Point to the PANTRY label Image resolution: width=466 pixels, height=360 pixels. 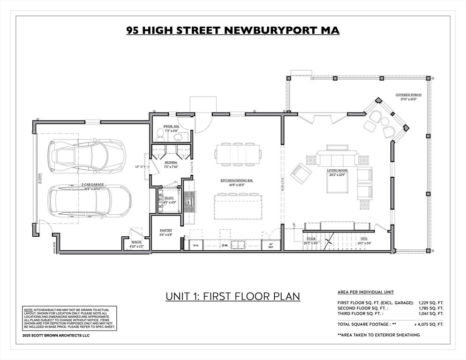[x=166, y=230]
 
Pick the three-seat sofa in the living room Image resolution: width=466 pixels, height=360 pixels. [x=336, y=158]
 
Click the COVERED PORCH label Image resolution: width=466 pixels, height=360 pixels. [x=406, y=95]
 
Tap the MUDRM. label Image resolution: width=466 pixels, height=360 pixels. [x=170, y=162]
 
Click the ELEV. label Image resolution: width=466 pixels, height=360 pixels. [x=169, y=199]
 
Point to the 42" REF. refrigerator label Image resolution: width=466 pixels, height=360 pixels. [x=271, y=245]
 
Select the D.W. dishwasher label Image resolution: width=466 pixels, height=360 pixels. [x=225, y=245]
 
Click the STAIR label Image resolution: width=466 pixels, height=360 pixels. [x=311, y=239]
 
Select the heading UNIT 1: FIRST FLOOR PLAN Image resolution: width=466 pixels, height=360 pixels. [x=233, y=297]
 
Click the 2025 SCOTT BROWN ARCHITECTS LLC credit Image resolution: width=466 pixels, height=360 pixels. [x=56, y=335]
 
